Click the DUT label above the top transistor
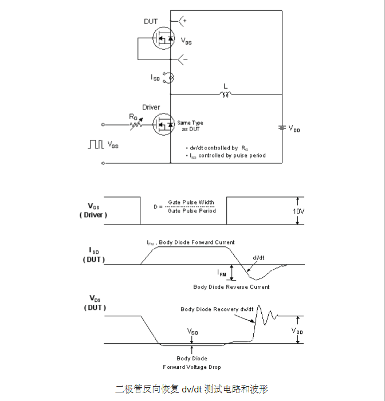(x=151, y=22)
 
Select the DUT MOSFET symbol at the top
(x=163, y=40)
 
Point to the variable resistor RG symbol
(x=136, y=123)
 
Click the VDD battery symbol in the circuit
(x=281, y=128)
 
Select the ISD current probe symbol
(x=168, y=77)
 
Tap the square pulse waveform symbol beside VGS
(x=96, y=144)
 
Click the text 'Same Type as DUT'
(x=190, y=126)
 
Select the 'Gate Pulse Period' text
(x=192, y=211)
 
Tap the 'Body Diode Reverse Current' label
(x=231, y=287)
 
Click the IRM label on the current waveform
(x=222, y=274)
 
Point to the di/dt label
(x=258, y=257)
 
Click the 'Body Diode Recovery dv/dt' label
(x=217, y=309)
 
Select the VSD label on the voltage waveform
(x=193, y=332)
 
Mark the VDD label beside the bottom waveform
(x=297, y=331)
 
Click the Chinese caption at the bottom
(x=192, y=389)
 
